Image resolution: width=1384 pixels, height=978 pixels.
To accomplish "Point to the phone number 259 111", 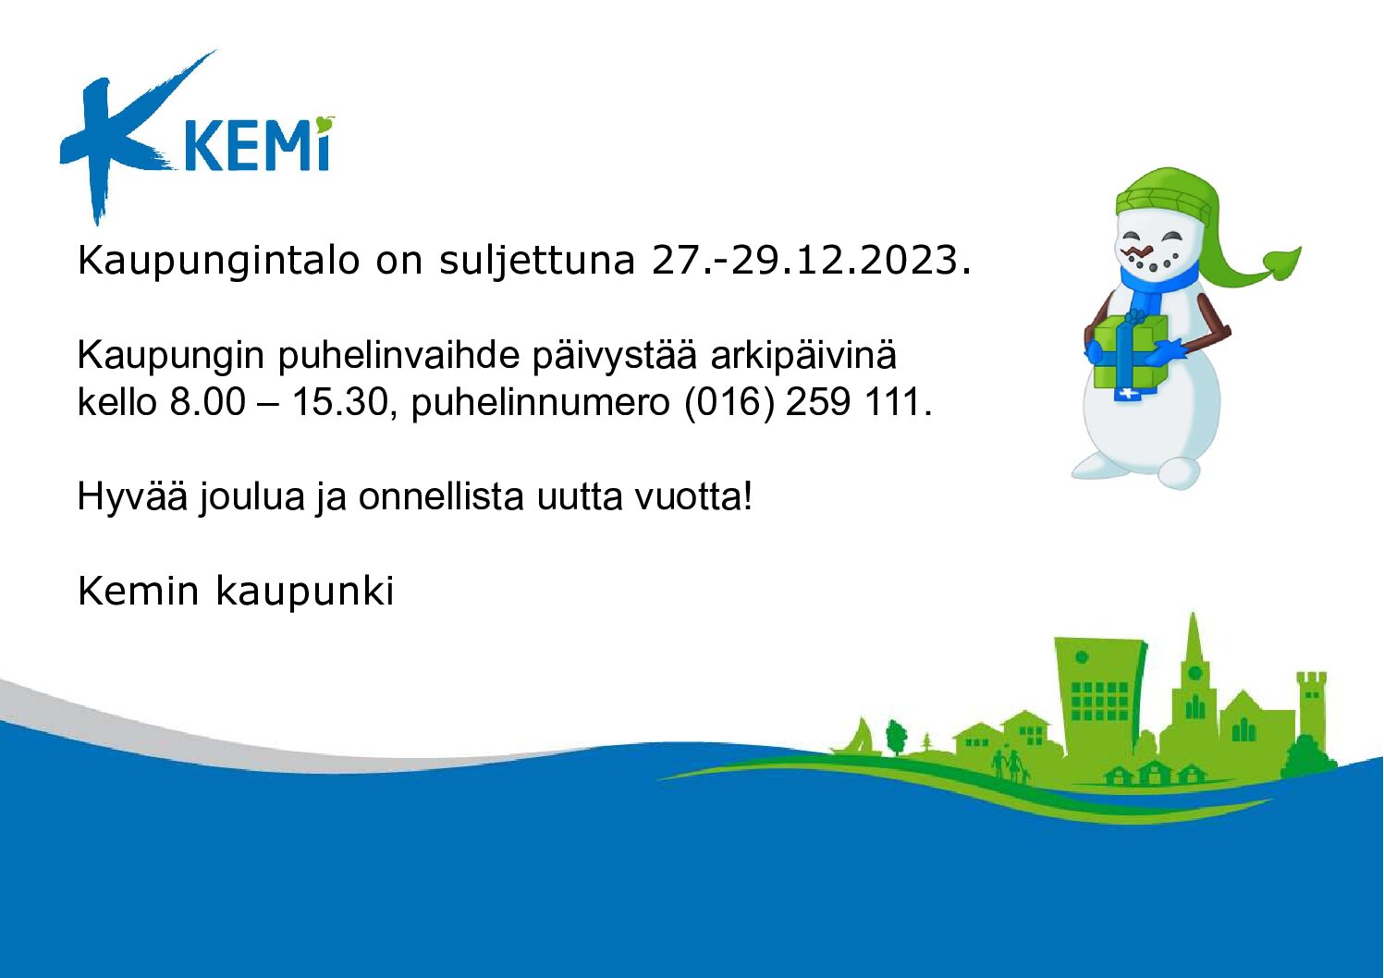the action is click(x=859, y=402).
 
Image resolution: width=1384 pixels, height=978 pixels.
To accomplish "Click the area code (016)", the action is click(x=729, y=403).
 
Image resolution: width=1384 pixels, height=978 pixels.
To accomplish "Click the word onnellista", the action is click(x=442, y=496).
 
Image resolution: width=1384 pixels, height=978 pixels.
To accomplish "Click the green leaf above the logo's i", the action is click(x=324, y=124).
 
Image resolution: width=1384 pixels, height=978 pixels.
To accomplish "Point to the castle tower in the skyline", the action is click(x=1311, y=711).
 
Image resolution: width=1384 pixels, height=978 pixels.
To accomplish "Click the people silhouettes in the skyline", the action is click(x=1010, y=767).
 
